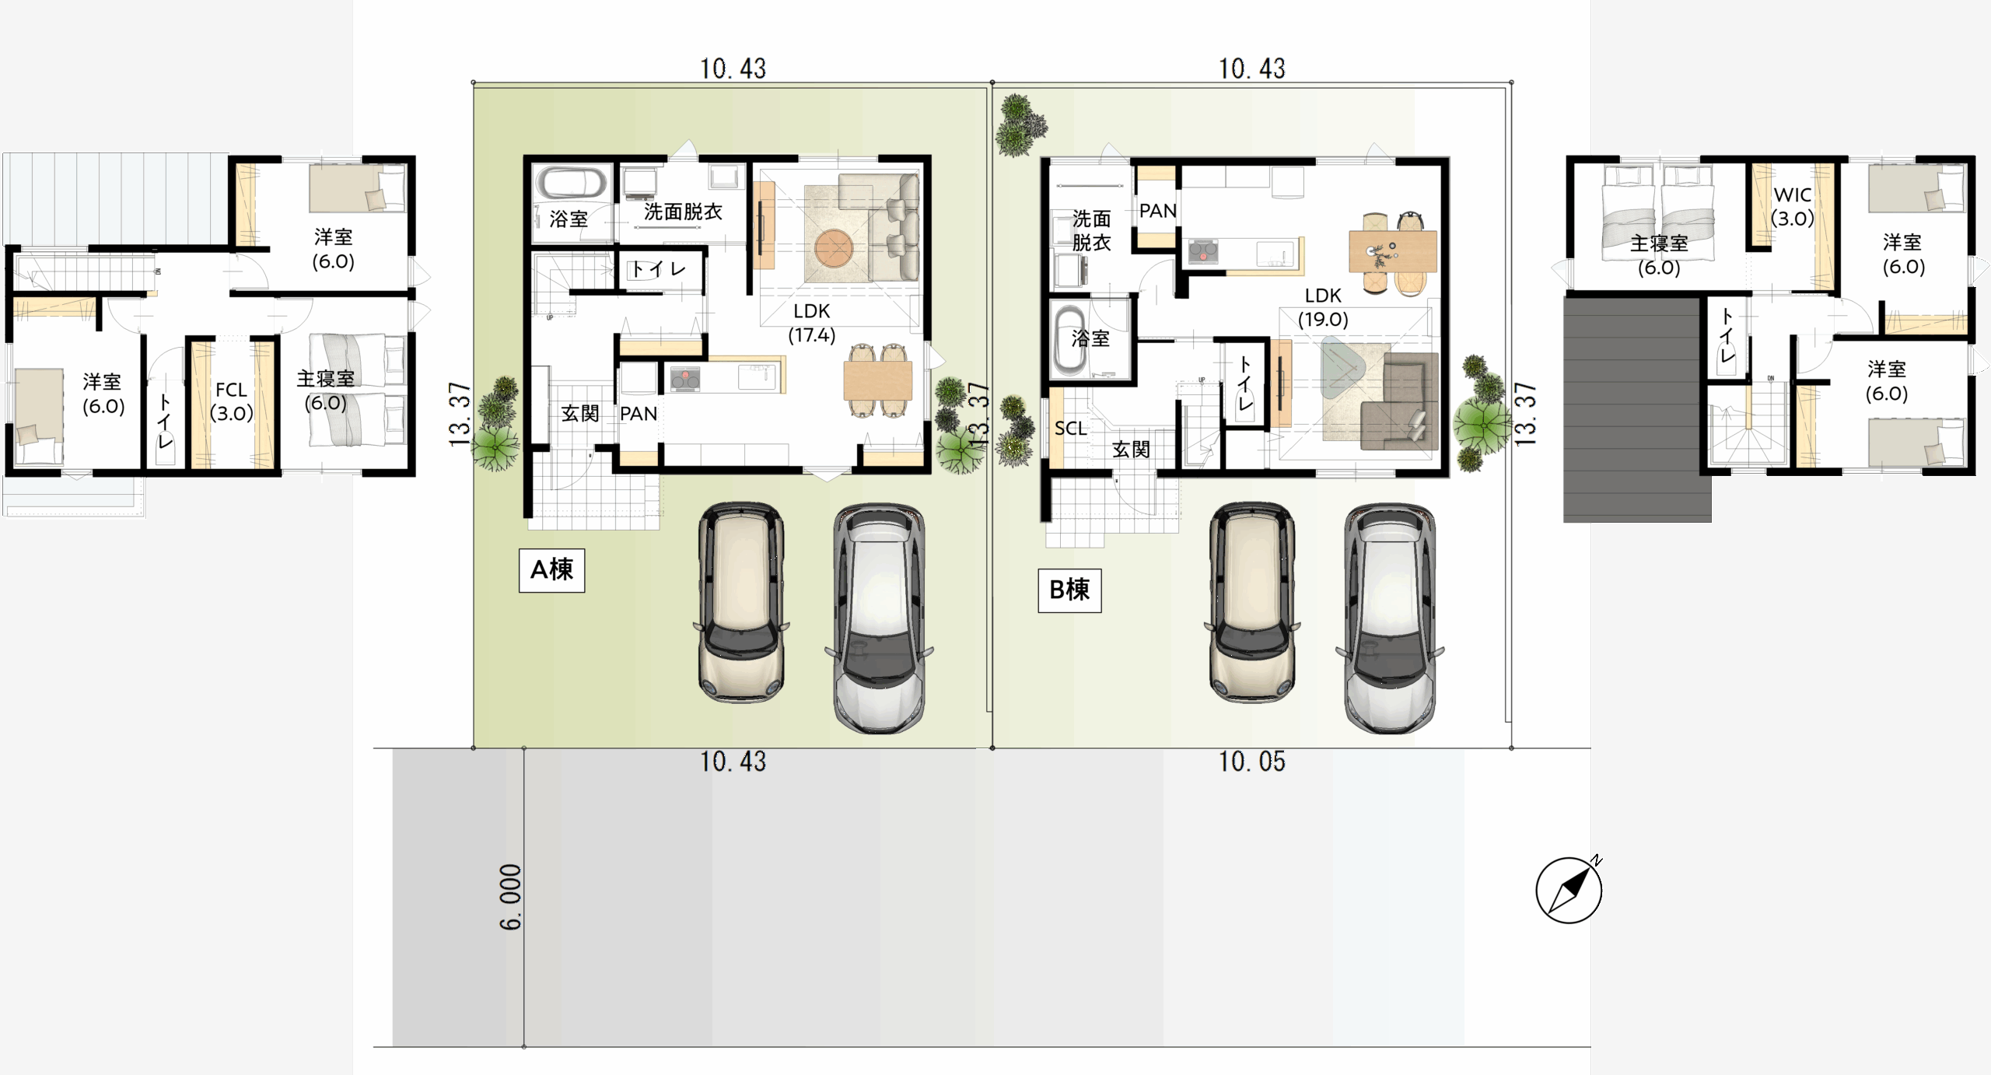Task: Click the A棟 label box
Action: click(551, 570)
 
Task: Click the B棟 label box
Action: click(1069, 590)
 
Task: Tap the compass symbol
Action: click(1569, 890)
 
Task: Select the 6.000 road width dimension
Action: click(510, 897)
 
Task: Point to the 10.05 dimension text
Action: click(1251, 762)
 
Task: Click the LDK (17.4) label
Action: click(812, 323)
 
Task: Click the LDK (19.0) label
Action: click(1323, 307)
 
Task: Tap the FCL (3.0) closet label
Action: click(232, 401)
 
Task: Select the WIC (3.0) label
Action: click(1793, 206)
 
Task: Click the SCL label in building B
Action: click(1070, 429)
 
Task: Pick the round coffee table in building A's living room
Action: click(834, 249)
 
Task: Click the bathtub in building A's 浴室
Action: click(572, 184)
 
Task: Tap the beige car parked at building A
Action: click(741, 601)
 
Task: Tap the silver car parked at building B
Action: click(1390, 618)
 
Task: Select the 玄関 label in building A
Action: click(580, 413)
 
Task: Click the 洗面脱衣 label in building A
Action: click(683, 212)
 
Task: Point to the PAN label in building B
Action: click(1157, 211)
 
